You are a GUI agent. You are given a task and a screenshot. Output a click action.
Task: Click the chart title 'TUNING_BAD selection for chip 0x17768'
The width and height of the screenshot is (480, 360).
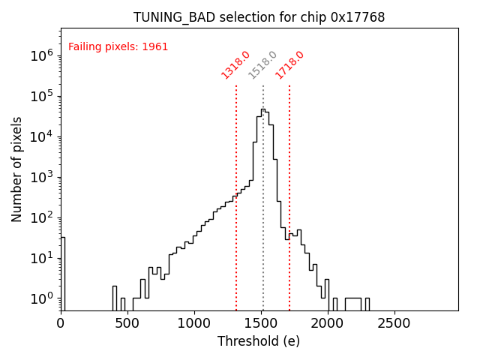click(x=259, y=17)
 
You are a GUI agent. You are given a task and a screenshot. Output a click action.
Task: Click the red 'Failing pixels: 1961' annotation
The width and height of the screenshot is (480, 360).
click(x=118, y=47)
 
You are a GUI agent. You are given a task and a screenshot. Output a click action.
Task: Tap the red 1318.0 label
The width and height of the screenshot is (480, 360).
click(x=235, y=64)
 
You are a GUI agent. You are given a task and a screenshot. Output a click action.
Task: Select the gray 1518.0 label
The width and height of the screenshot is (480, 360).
click(x=262, y=64)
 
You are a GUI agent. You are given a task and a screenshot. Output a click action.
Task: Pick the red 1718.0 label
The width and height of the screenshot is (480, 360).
click(x=289, y=64)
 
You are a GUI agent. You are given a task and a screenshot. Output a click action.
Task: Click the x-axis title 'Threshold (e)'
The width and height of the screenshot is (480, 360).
click(x=259, y=341)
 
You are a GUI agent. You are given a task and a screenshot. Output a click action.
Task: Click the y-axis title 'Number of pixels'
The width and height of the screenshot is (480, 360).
click(x=17, y=169)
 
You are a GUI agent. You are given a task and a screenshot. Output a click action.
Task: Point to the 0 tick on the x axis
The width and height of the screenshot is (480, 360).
click(x=61, y=324)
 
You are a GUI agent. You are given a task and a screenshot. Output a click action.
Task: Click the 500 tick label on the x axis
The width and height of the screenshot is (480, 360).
click(x=127, y=324)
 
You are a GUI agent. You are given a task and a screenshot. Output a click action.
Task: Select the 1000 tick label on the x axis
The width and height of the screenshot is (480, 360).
click(x=194, y=324)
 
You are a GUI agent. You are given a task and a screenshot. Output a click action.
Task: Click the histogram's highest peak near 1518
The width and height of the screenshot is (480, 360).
click(x=262, y=110)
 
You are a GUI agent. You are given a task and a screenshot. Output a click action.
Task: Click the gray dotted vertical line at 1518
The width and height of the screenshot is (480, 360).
click(x=263, y=225)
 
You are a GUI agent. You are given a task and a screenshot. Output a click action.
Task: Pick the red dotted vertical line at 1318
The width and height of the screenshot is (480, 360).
click(x=236, y=247)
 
